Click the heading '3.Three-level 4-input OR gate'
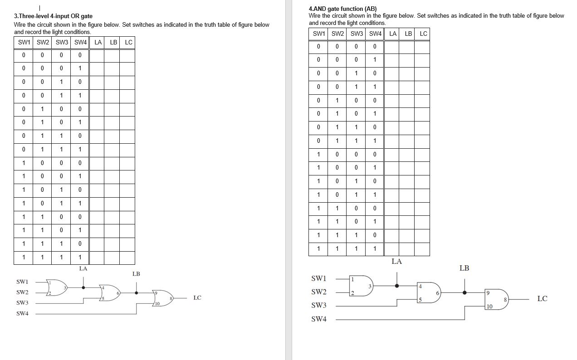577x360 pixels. pos(53,16)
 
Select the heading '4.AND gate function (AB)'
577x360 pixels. pos(342,9)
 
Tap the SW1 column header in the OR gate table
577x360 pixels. pos(24,43)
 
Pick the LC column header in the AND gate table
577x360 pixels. pos(423,34)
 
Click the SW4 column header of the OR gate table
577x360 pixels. pos(80,43)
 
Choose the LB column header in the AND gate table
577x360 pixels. pos(408,34)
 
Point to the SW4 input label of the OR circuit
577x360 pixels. pos(22,314)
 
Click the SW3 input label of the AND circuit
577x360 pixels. pos(318,306)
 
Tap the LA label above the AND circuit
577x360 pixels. pos(396,262)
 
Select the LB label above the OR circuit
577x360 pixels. pos(136,274)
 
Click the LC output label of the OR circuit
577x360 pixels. pos(197,298)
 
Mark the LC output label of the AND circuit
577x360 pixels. pos(542,299)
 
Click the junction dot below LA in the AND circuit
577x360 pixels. pos(397,286)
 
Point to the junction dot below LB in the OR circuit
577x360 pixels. pos(137,293)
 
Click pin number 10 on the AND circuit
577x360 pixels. pos(489,307)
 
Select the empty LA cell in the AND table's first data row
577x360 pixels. pos(392,46)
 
